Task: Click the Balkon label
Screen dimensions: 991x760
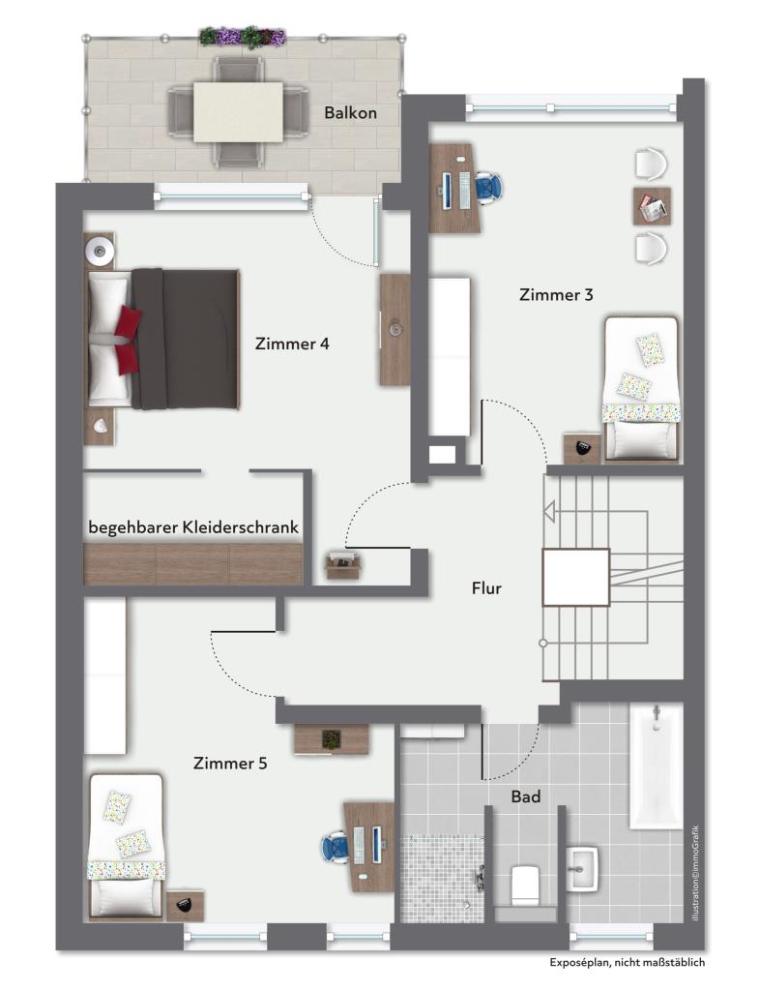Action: point(350,113)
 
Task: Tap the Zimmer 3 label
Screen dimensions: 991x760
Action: point(556,295)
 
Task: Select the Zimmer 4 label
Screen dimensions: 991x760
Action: point(292,344)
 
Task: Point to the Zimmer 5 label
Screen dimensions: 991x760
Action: point(230,764)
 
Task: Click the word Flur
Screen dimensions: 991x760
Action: point(486,587)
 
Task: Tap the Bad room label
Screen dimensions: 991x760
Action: point(525,797)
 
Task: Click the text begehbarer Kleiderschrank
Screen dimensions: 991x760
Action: point(193,528)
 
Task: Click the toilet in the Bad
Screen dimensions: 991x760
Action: point(524,882)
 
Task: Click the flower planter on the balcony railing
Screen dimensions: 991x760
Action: point(243,37)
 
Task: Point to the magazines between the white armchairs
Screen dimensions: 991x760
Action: point(652,206)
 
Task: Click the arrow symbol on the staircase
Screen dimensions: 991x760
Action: point(549,512)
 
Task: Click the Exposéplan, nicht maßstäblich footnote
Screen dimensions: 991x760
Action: point(628,963)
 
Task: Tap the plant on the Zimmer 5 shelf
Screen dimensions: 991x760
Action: point(332,738)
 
